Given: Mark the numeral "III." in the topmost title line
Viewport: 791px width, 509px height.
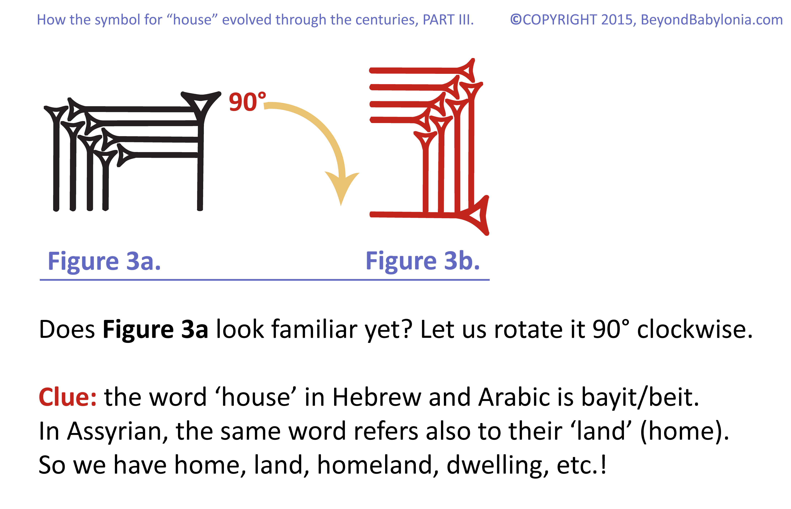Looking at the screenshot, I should click(466, 20).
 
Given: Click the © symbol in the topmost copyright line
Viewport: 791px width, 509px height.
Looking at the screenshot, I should click(516, 20).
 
